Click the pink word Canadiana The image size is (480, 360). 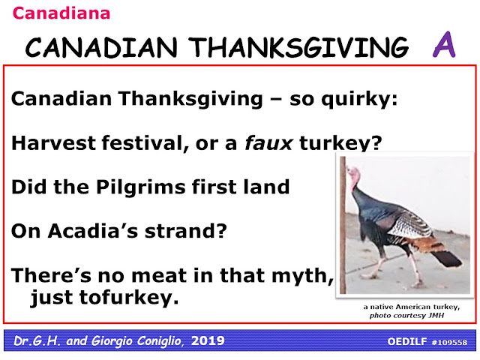pos(61,13)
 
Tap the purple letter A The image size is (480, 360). pos(444,44)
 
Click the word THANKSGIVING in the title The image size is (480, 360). pos(298,47)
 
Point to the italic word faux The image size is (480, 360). pos(268,143)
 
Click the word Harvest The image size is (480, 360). pos(53,143)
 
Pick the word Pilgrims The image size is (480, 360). pos(141,187)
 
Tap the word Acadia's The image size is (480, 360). pos(93,231)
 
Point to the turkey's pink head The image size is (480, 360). pos(353,177)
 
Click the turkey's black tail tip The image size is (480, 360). pos(448,259)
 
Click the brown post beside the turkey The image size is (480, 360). pos(343,225)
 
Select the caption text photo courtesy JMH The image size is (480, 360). pos(406,316)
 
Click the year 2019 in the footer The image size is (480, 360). pos(208,340)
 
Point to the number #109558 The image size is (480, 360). pos(449,342)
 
